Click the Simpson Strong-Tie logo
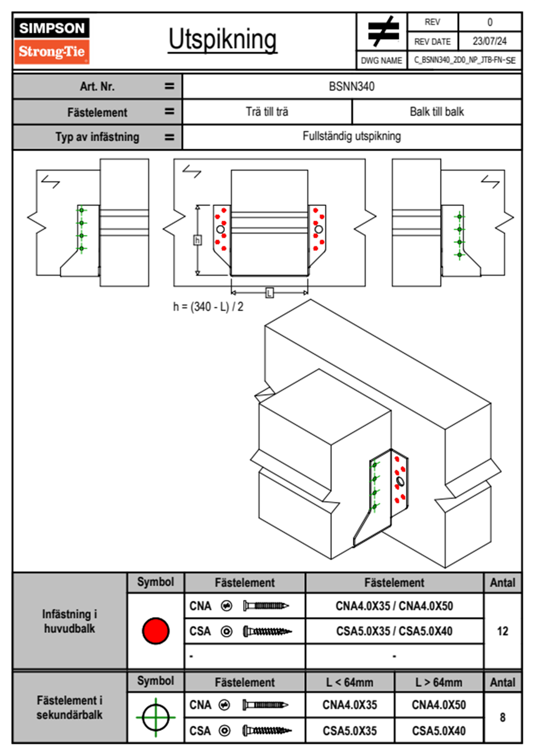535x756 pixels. click(x=52, y=41)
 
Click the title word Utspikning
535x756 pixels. click(x=223, y=40)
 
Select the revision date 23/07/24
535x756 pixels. click(x=489, y=41)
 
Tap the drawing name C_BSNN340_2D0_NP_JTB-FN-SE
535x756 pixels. click(x=464, y=60)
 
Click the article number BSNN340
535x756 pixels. click(x=352, y=86)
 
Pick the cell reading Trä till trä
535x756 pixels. click(x=267, y=111)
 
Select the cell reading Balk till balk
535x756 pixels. click(x=437, y=111)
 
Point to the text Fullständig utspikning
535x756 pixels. click(x=352, y=136)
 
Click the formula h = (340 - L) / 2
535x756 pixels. click(x=208, y=307)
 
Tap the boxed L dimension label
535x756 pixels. click(x=269, y=293)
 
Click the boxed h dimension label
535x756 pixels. click(x=197, y=240)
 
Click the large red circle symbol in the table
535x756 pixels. click(x=156, y=631)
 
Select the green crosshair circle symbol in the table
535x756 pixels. click(x=156, y=717)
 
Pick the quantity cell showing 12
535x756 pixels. click(x=502, y=631)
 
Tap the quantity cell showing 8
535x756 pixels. click(x=502, y=717)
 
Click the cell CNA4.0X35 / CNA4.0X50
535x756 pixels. click(x=394, y=606)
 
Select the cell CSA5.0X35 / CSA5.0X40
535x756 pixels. click(x=394, y=631)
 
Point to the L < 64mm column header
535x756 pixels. click(x=349, y=682)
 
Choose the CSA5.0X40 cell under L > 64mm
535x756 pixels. click(x=438, y=731)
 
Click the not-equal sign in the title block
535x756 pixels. click(x=383, y=31)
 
